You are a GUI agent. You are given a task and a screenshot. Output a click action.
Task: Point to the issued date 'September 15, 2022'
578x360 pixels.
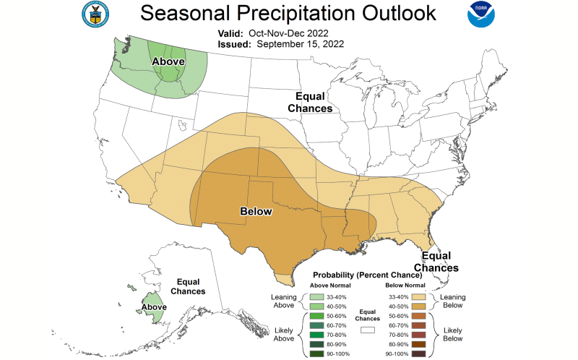click(298, 43)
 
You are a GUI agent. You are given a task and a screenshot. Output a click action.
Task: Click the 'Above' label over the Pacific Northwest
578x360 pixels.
click(168, 62)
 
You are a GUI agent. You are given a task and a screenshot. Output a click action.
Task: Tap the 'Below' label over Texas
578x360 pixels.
click(255, 211)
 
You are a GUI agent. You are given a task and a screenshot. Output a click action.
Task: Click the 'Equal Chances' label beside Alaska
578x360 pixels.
click(188, 286)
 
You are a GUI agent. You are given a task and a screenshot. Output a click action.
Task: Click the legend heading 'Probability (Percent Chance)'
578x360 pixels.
click(367, 275)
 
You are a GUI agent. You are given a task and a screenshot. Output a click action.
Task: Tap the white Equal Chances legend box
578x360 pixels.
click(368, 329)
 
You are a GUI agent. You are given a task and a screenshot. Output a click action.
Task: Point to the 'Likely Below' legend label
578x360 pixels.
click(452, 335)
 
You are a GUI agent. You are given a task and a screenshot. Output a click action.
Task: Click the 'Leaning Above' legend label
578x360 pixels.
click(282, 301)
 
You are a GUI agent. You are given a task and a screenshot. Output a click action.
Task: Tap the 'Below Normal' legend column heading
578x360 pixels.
click(405, 285)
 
